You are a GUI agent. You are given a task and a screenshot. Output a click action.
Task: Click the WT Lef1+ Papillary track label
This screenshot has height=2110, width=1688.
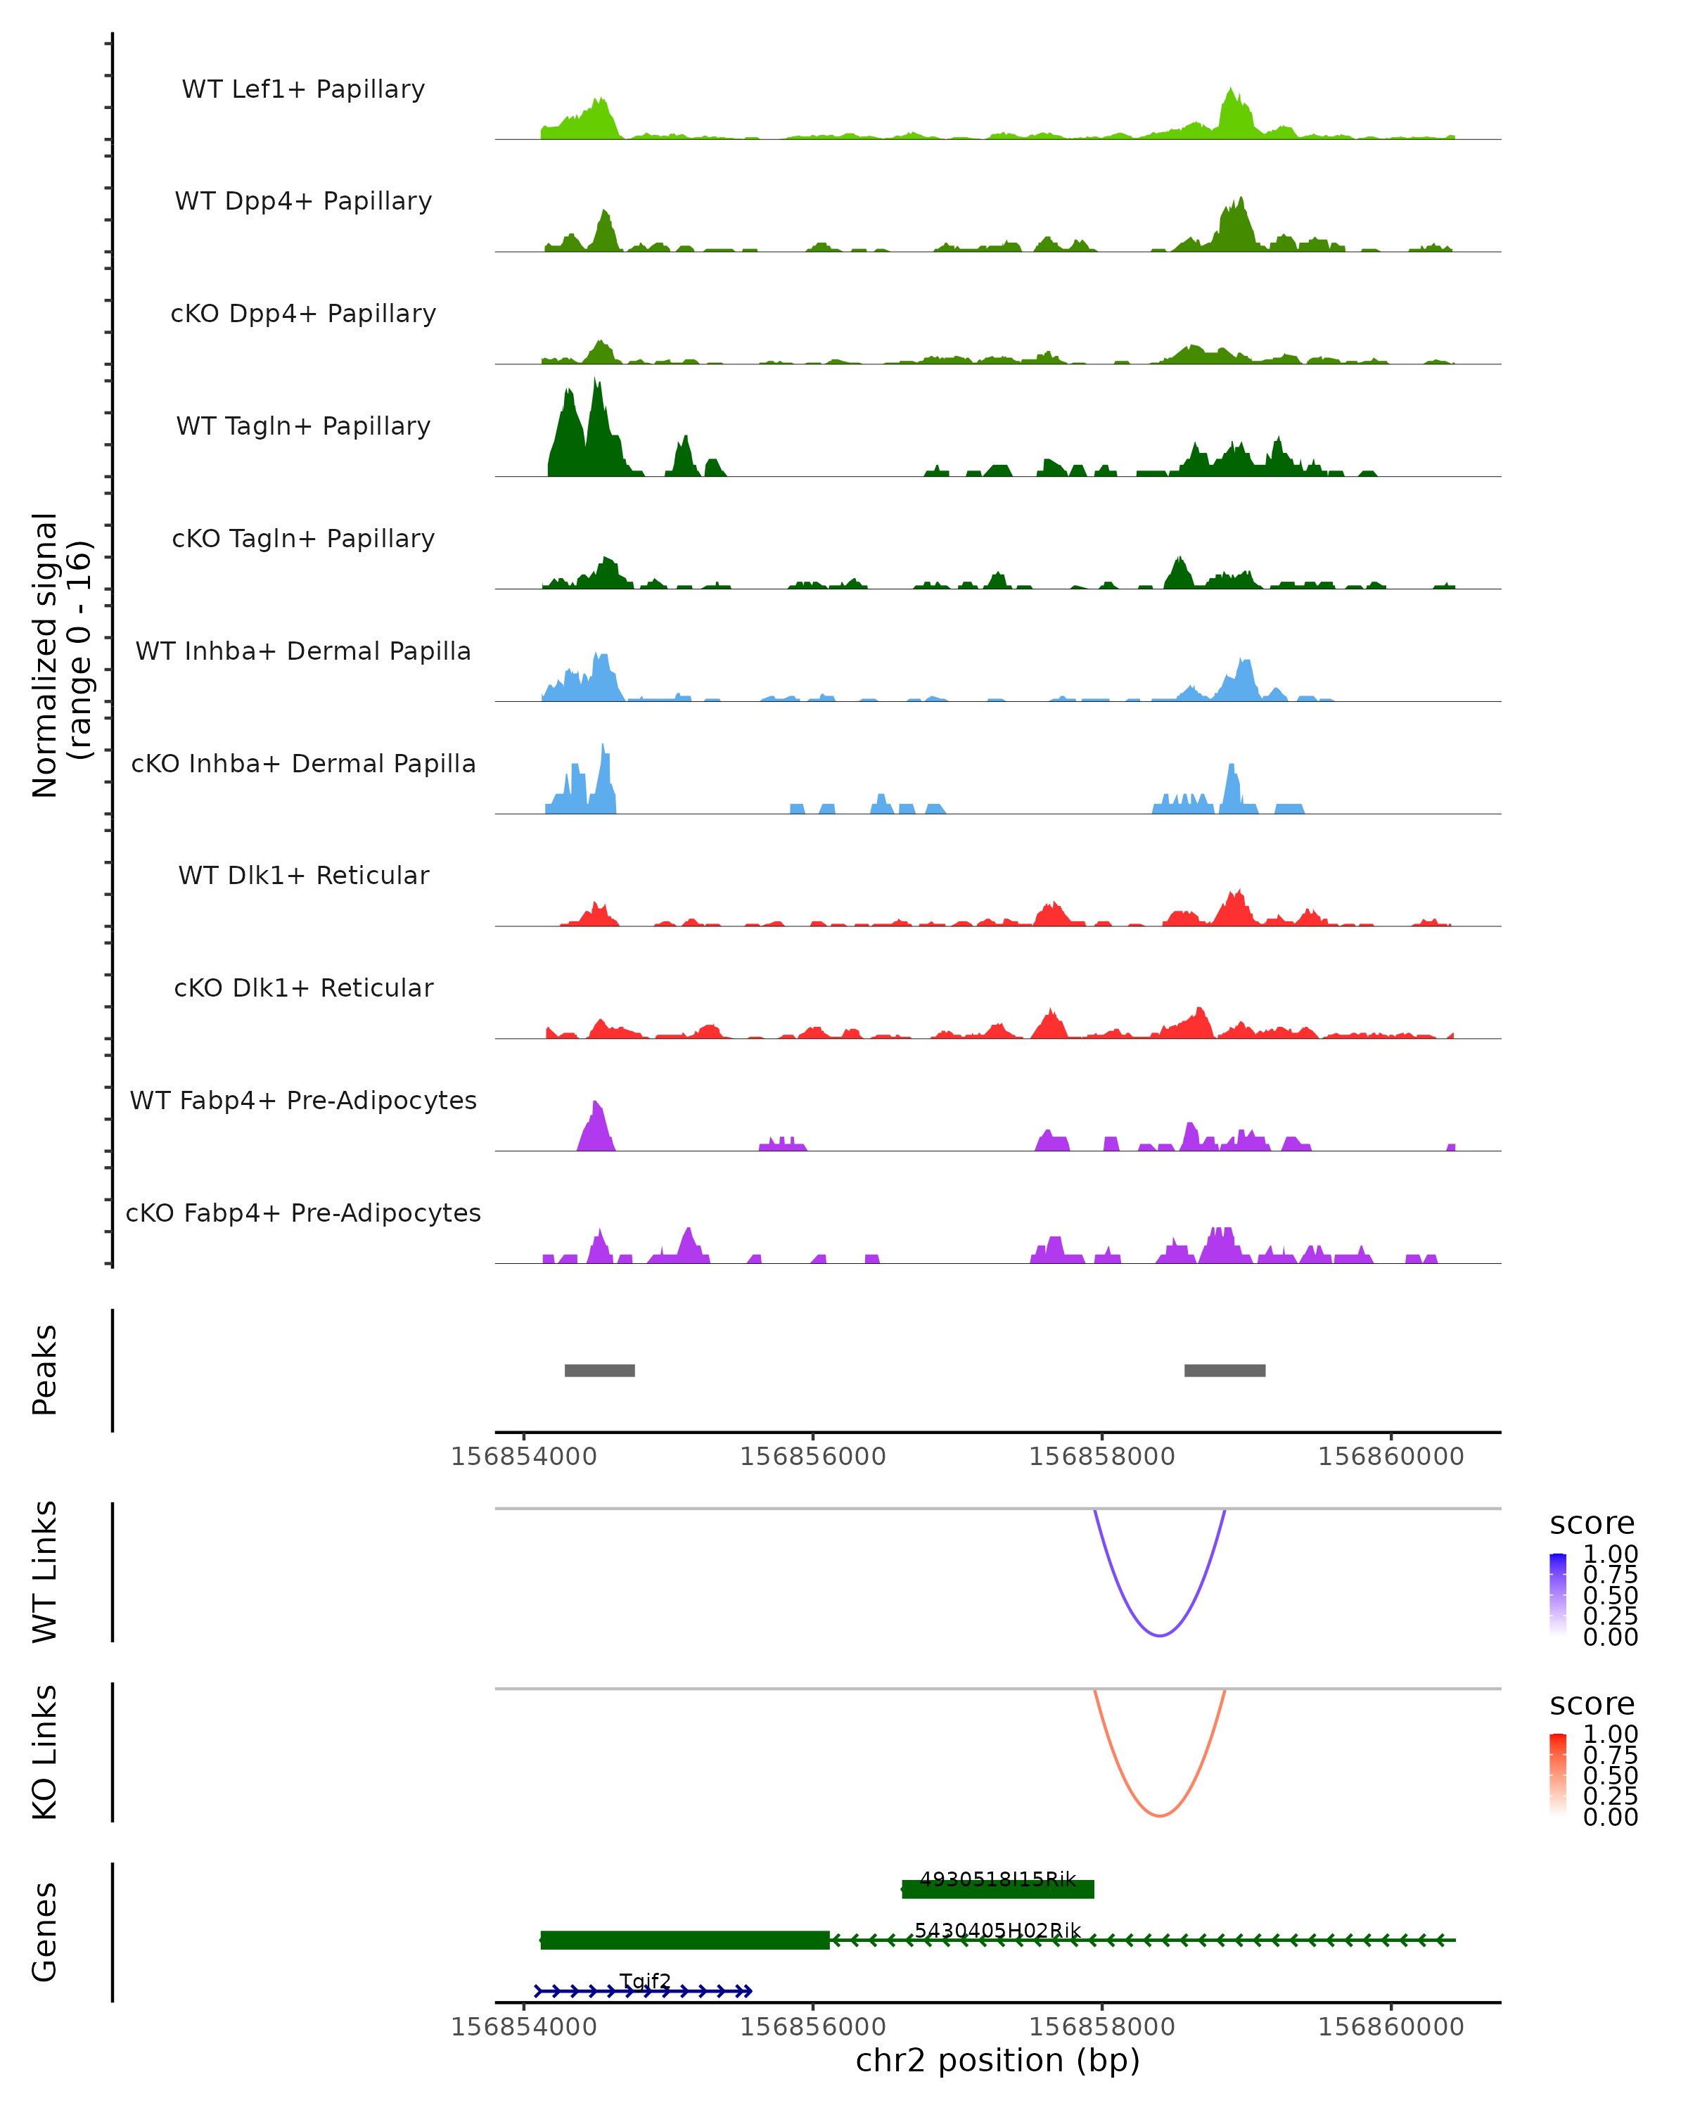[x=303, y=89]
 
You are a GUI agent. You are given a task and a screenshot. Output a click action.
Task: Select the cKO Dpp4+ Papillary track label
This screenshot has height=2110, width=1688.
[x=303, y=313]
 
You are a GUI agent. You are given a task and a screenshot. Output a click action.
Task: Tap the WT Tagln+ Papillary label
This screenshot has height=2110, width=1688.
[x=303, y=426]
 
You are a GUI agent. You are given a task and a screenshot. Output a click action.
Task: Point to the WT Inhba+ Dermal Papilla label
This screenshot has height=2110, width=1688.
[x=303, y=651]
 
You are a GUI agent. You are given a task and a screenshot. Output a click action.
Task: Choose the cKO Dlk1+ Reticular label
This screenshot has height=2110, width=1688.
[x=303, y=987]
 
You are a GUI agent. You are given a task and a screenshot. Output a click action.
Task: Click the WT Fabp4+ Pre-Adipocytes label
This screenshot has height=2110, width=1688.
[x=303, y=1100]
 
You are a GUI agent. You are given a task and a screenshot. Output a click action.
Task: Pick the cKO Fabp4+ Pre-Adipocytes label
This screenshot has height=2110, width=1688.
[x=303, y=1213]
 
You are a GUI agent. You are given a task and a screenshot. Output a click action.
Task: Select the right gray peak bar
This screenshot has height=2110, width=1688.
[x=1225, y=1370]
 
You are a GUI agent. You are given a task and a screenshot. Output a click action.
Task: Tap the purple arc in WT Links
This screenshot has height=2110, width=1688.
[x=1160, y=1635]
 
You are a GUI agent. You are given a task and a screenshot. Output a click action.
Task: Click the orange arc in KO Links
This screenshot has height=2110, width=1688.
[x=1160, y=1815]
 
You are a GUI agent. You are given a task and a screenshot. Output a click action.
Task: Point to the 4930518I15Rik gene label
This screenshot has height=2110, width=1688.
[x=997, y=1879]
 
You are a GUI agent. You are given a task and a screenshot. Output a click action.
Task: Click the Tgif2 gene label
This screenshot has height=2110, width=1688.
[x=645, y=1982]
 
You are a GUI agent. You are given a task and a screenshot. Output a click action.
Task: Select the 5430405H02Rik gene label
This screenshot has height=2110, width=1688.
[x=997, y=1930]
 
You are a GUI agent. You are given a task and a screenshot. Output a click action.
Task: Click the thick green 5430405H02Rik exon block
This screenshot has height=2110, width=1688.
[x=685, y=1940]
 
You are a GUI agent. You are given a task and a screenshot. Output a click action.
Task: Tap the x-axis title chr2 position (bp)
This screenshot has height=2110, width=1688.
[x=997, y=2061]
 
